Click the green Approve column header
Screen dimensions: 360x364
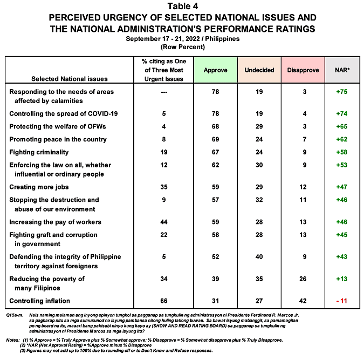pyautogui.click(x=215, y=70)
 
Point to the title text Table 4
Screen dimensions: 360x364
pyautogui.click(x=182, y=6)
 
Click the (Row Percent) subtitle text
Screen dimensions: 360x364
pyautogui.click(x=182, y=47)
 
